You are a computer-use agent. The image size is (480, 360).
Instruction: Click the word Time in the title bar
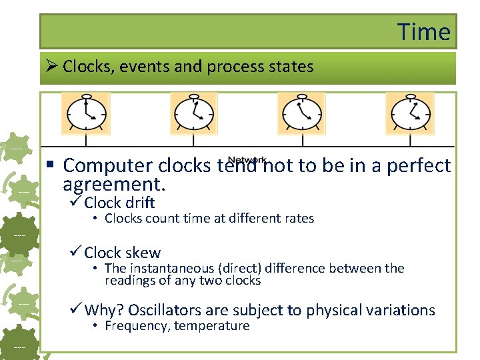(424, 31)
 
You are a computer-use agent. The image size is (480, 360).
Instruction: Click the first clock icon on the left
(85, 113)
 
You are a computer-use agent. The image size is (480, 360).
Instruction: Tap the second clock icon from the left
(194, 113)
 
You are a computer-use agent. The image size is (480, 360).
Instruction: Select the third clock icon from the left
(301, 113)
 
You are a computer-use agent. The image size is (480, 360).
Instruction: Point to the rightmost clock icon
(410, 113)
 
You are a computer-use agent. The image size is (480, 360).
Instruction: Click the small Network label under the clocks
(247, 160)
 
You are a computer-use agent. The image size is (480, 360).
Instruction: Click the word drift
(140, 203)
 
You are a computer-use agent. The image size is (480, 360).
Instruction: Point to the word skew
(142, 253)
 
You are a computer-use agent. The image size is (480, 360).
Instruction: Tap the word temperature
(212, 326)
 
